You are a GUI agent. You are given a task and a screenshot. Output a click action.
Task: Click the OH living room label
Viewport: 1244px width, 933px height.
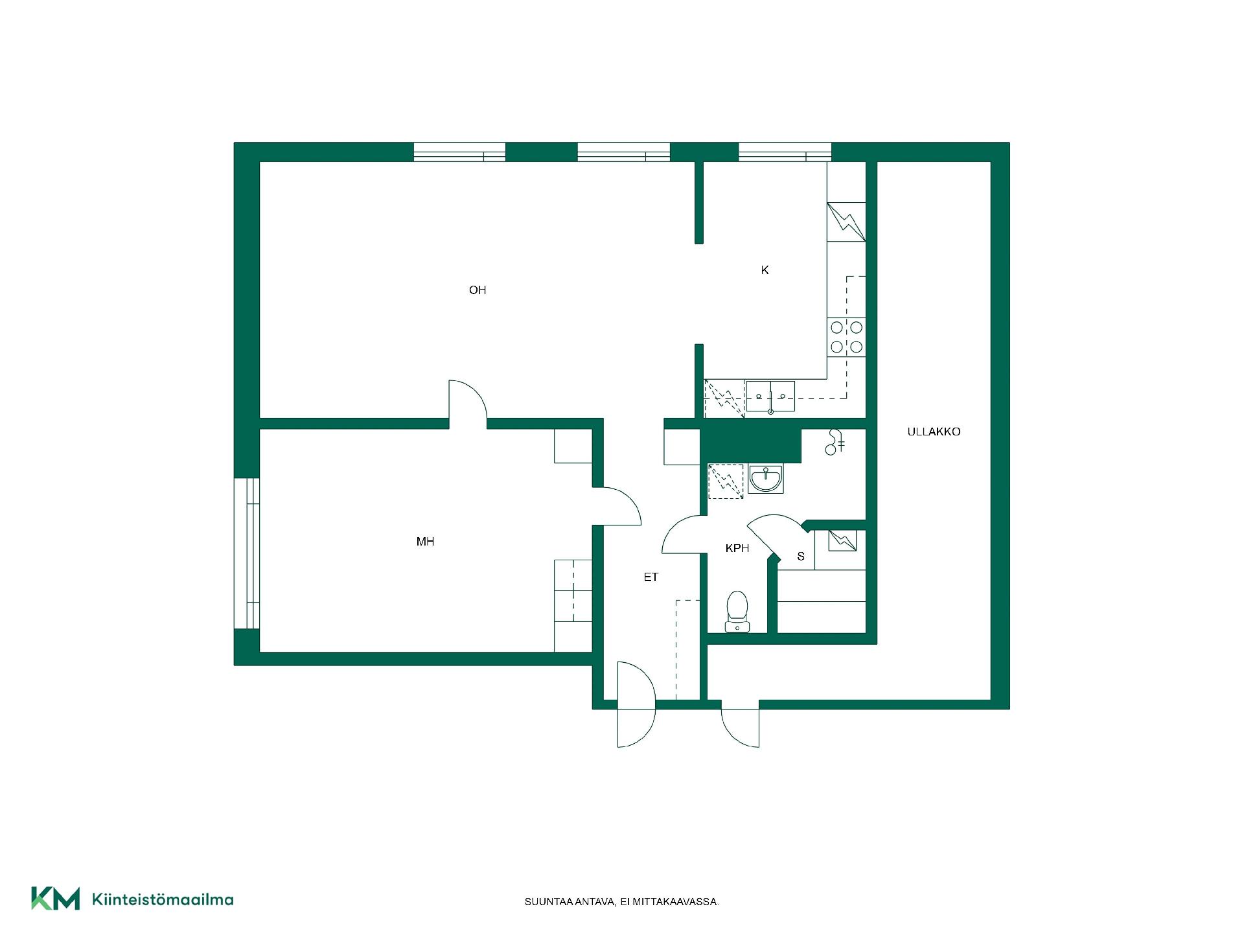pos(478,290)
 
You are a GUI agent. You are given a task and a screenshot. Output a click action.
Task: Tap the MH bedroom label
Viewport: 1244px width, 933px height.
pos(425,542)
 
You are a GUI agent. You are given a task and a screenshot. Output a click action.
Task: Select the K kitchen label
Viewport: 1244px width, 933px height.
pos(765,270)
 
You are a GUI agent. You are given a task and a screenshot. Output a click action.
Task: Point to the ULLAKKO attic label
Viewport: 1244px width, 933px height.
pos(934,432)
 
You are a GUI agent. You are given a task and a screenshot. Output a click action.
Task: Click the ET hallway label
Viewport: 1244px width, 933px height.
pos(651,577)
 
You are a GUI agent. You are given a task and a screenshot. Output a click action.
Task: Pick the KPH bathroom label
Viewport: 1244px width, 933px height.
pos(737,548)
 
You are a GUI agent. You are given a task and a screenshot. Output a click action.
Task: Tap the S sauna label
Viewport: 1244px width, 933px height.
pos(801,557)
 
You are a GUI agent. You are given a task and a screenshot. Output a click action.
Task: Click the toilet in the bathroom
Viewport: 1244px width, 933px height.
pos(737,611)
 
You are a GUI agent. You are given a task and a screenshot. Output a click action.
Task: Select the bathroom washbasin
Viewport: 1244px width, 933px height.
pos(765,479)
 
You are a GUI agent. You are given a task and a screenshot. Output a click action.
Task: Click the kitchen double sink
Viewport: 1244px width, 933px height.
pos(770,397)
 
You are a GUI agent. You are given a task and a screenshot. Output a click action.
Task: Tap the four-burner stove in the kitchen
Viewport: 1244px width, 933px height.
pos(846,337)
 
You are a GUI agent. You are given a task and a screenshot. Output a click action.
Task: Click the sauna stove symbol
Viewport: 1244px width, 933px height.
pos(842,540)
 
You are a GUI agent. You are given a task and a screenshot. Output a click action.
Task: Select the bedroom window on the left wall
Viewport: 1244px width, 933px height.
pos(247,553)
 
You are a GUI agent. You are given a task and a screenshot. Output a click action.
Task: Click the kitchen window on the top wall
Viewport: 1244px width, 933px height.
pos(785,152)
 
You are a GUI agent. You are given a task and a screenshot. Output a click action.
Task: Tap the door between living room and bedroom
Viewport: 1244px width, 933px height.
pos(468,402)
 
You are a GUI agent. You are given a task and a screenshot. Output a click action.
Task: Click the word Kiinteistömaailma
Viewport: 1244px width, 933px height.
pos(163,899)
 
